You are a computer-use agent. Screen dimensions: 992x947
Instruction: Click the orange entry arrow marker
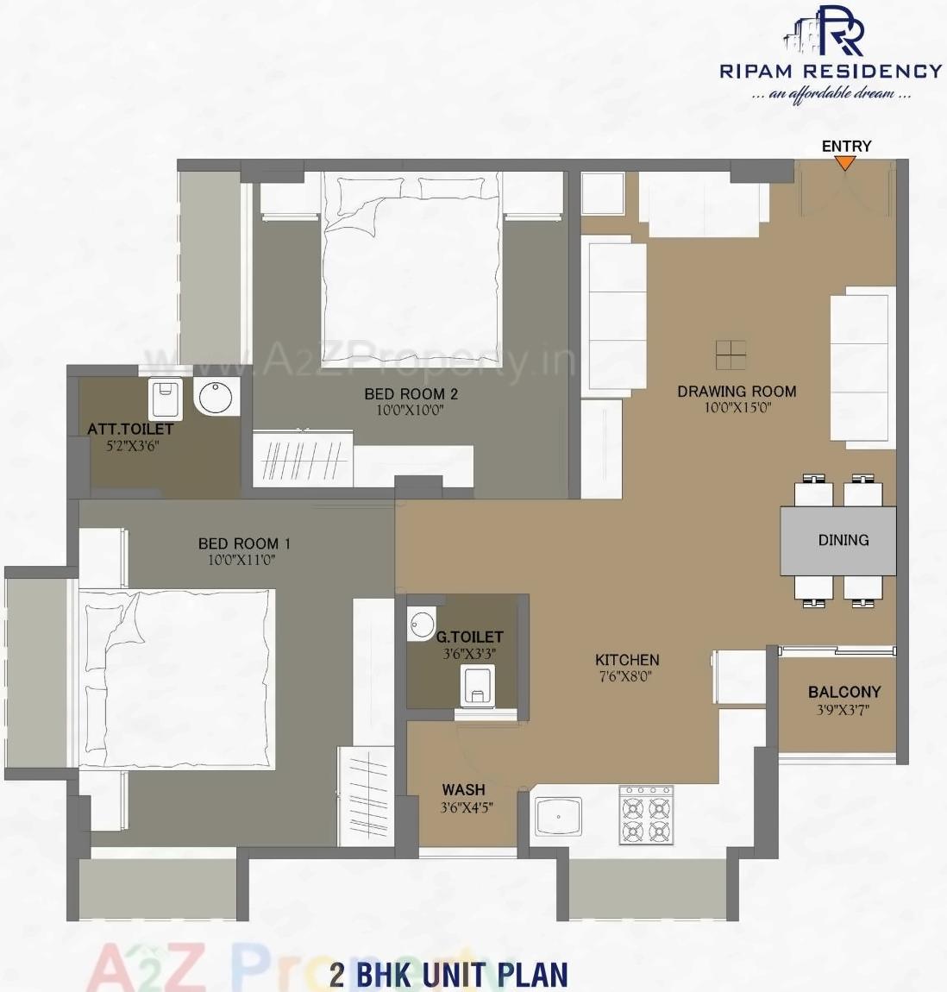click(846, 162)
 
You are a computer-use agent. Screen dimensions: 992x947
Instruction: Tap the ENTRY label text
click(846, 146)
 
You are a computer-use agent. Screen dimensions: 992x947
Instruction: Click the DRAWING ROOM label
click(737, 392)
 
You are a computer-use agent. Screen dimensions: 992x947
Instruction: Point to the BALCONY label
click(844, 692)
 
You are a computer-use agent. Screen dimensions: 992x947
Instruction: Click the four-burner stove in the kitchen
click(646, 814)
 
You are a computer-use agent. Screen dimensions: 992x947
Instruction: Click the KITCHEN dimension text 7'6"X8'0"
click(627, 677)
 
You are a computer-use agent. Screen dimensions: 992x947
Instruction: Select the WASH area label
click(463, 789)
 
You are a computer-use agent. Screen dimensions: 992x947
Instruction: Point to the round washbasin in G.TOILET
click(422, 625)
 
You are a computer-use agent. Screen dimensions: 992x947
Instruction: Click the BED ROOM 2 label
click(411, 394)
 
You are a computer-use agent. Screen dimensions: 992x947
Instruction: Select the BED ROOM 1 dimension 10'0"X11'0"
click(241, 561)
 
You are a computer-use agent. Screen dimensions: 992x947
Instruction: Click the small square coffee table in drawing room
click(731, 354)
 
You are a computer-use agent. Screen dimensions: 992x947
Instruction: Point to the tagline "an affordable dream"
click(831, 93)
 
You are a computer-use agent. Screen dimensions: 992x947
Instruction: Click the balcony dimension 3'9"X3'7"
click(844, 711)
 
